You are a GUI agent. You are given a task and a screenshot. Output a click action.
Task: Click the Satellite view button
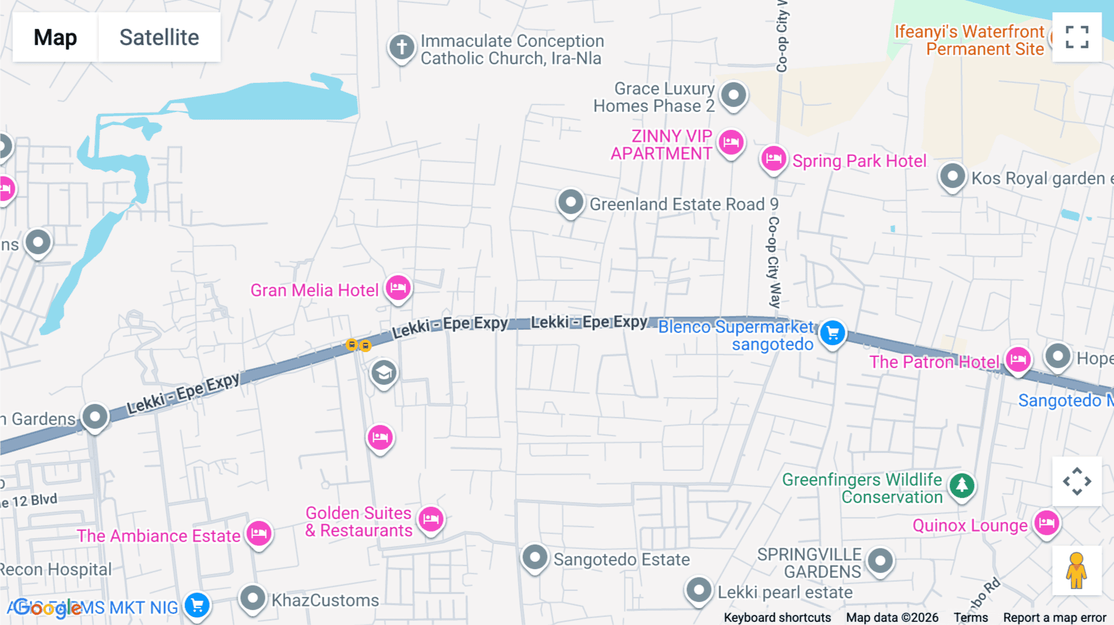coord(159,37)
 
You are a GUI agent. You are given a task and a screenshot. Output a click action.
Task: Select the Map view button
coord(55,37)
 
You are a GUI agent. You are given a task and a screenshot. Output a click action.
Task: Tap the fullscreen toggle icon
coord(1077,37)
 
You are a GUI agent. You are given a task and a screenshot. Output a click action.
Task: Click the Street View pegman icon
coord(1076,570)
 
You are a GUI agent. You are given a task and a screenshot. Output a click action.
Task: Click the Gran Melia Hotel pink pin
coord(398,288)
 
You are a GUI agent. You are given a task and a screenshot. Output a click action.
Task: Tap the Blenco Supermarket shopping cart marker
coord(832,333)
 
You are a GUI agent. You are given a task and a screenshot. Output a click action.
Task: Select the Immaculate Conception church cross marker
coord(402,47)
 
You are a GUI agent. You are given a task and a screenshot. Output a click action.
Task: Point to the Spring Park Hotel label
coord(859,161)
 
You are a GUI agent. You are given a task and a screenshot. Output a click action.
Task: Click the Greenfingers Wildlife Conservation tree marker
coord(962,485)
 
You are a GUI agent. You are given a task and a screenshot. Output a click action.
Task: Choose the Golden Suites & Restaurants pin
coord(431,519)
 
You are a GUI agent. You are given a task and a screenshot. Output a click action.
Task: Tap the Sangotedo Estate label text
coord(621,559)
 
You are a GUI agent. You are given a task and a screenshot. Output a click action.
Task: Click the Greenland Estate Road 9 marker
coord(571,202)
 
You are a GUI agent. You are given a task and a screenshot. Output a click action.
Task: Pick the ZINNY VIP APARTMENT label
coord(661,145)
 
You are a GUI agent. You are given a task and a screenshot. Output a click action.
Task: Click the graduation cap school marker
coord(384,373)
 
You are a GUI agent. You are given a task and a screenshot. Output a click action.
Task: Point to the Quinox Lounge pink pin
coord(1047,524)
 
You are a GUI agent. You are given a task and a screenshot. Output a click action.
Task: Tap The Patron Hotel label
coord(934,362)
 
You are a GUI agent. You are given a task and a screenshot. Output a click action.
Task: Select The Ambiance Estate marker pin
coord(259,533)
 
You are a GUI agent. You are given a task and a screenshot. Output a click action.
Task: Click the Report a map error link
coord(1055,618)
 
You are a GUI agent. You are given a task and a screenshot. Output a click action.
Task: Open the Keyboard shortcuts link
coord(777,618)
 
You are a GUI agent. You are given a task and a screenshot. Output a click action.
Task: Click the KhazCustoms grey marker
coord(253,598)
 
